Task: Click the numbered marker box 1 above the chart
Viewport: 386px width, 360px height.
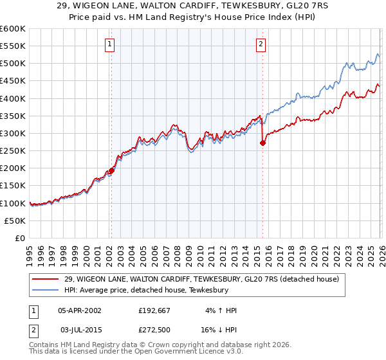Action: [x=110, y=44]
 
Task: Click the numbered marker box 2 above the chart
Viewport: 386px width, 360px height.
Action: [x=261, y=44]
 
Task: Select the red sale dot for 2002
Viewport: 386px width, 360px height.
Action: [x=111, y=171]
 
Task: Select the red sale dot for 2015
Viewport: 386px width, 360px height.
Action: [x=262, y=143]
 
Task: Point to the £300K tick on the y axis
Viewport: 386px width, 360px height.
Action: [x=13, y=133]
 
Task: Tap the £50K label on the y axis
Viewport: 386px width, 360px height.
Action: [x=15, y=221]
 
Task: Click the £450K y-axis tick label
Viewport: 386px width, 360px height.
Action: [x=13, y=81]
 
